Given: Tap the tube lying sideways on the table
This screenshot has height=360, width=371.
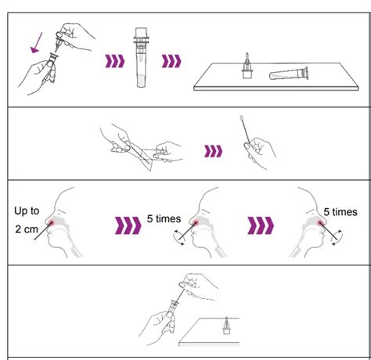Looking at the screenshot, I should click(x=287, y=75).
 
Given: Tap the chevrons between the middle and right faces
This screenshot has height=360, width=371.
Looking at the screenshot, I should click(x=260, y=227).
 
